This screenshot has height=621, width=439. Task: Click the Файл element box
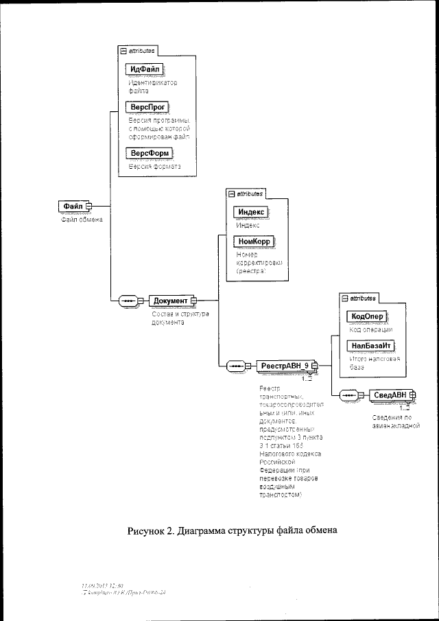pyautogui.click(x=73, y=206)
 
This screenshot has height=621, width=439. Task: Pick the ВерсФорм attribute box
pyautogui.click(x=150, y=152)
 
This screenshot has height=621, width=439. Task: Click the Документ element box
pyautogui.click(x=170, y=301)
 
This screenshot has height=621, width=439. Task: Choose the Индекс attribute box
pyautogui.click(x=250, y=212)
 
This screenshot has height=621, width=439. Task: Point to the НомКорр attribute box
pyautogui.click(x=253, y=242)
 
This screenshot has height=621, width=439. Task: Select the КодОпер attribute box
pyautogui.click(x=367, y=316)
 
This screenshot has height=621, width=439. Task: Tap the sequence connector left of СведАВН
pyautogui.click(x=348, y=395)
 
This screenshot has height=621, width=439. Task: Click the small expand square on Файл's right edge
pyautogui.click(x=89, y=206)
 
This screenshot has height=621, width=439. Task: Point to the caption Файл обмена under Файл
pyautogui.click(x=78, y=220)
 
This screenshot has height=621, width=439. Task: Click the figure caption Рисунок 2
pyautogui.click(x=233, y=530)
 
